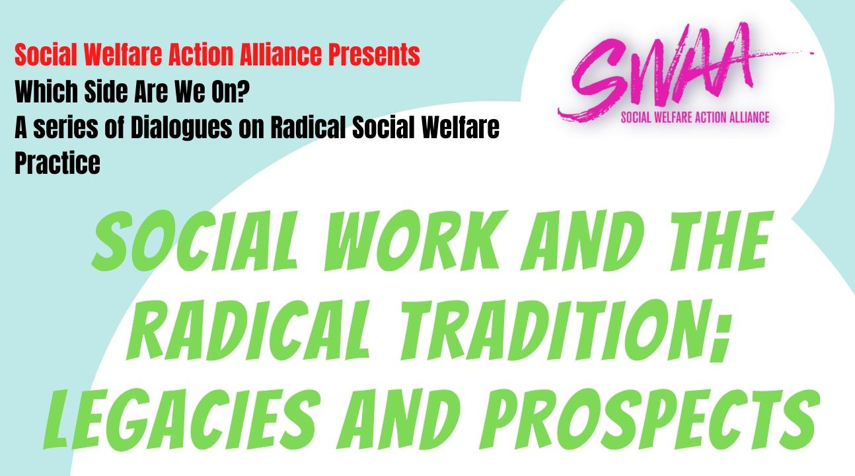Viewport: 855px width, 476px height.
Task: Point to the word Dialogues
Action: (x=181, y=128)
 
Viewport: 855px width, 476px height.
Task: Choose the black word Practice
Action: (x=57, y=163)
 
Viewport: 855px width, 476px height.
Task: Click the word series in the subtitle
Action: (x=65, y=128)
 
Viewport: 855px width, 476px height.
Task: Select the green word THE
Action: (x=719, y=240)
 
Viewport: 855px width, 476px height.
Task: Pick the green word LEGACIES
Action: (x=180, y=418)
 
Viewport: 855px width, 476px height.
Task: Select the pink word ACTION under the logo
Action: (x=698, y=117)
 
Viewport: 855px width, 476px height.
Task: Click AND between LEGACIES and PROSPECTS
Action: (x=397, y=418)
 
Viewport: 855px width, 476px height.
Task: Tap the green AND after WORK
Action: (x=582, y=241)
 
